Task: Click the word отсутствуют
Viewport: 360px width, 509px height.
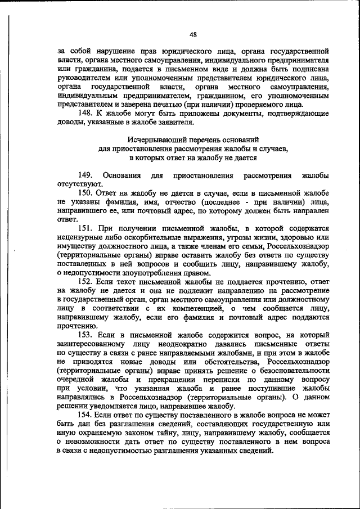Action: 79,184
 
